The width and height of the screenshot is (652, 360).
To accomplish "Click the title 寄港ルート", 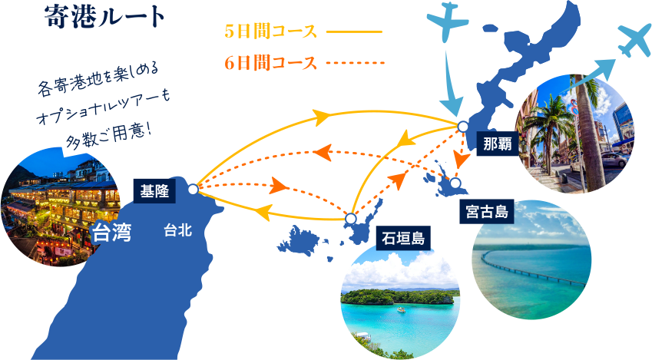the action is [104, 17].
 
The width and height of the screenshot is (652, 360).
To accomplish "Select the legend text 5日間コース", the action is [270, 31].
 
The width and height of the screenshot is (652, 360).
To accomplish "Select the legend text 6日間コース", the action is [270, 63].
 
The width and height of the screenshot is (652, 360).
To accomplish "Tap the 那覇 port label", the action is [498, 144].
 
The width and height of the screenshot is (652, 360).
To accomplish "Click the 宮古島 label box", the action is [487, 212].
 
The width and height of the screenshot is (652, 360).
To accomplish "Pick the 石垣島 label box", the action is [403, 239].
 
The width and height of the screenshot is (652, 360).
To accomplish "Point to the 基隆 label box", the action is [154, 191].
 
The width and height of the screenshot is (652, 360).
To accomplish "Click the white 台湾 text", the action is [112, 233].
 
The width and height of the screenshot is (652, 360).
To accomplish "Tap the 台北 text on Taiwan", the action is [178, 230].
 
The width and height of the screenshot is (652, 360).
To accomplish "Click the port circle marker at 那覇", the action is [462, 127].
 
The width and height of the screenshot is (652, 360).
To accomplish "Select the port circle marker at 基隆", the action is [193, 190].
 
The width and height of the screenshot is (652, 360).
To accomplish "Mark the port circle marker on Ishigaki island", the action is [350, 219].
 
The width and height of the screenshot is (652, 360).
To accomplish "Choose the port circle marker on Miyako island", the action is [455, 183].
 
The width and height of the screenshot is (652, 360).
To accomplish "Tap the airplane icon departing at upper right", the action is [634, 41].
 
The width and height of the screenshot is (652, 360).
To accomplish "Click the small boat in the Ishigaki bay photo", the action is [402, 309].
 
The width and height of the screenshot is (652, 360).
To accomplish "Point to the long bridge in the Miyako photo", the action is [533, 269].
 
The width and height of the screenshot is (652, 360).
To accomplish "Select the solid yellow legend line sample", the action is [354, 31].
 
